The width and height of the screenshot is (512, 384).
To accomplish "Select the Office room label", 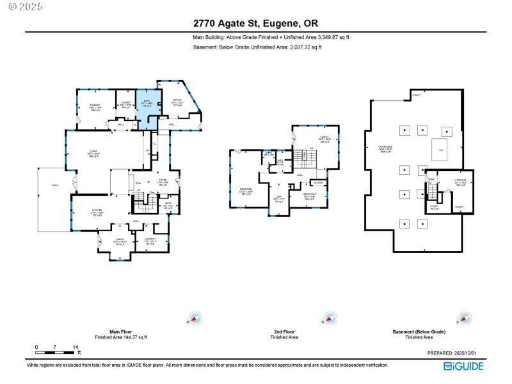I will [177, 102].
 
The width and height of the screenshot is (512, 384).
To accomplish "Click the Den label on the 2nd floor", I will [279, 199].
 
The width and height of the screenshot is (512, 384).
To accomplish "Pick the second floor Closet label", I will [318, 183].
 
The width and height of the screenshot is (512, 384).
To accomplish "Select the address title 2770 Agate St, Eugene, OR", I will [256, 24].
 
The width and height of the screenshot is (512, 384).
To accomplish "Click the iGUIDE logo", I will [464, 366].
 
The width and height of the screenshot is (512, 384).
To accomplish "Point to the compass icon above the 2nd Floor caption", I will [328, 318].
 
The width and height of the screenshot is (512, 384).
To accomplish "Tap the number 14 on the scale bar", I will [76, 346].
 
